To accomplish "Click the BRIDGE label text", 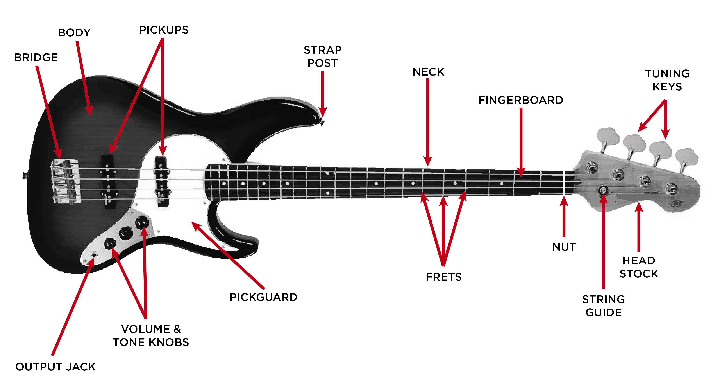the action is [36, 58].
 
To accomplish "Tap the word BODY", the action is [74, 33].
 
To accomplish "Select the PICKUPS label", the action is [164, 30].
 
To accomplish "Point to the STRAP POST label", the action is [323, 56].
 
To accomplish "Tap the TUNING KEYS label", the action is [667, 80].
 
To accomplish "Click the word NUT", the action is [564, 247].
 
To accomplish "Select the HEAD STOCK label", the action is [639, 267].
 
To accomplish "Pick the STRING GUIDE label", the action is [604, 306].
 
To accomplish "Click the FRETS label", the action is [444, 277].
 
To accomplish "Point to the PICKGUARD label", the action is [264, 297].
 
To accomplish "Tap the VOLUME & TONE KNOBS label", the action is [151, 336].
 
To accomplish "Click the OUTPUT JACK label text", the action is [56, 367].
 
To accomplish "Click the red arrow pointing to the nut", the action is [564, 217].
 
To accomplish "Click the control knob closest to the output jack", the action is [110, 244].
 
